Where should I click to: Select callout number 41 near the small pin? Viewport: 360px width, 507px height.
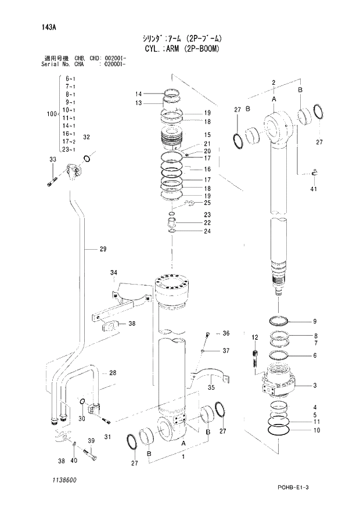pos(314,189)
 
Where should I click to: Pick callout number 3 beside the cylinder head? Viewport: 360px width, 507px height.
pos(314,385)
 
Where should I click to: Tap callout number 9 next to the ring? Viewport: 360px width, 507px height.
pos(314,321)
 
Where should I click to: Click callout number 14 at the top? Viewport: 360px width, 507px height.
pos(139,94)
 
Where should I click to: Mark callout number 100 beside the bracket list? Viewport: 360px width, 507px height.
pos(51,113)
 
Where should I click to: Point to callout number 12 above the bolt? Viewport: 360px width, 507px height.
pos(254,337)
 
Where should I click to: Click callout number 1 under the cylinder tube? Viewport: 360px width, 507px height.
pos(184,458)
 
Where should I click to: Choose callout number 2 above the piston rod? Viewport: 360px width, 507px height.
pos(272,83)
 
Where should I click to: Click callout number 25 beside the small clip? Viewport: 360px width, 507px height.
pos(207,203)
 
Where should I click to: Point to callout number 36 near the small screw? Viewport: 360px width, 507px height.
pos(226,333)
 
